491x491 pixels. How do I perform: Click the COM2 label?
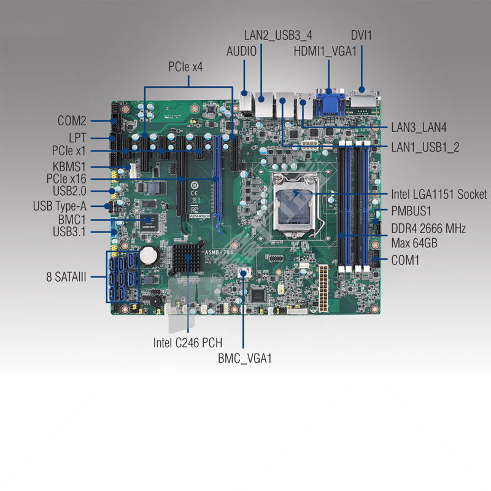[72, 121]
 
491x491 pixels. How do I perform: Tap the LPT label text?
[77, 137]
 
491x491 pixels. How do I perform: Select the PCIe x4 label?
[185, 67]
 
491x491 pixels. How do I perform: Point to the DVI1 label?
[361, 36]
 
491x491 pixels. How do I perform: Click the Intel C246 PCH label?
[188, 342]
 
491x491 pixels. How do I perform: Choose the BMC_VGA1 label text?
[244, 358]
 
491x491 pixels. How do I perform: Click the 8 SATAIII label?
[66, 277]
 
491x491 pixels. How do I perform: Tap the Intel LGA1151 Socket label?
[439, 195]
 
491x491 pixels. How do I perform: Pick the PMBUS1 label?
[411, 211]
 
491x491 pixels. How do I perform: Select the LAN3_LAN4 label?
[419, 128]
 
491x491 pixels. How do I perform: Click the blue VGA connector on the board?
[330, 103]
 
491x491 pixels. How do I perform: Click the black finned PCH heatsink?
[187, 258]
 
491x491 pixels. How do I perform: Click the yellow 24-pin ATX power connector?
[323, 288]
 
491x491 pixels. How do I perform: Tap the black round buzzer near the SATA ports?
[156, 301]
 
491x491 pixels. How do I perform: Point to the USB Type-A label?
[60, 206]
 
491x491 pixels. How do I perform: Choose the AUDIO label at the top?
[241, 52]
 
